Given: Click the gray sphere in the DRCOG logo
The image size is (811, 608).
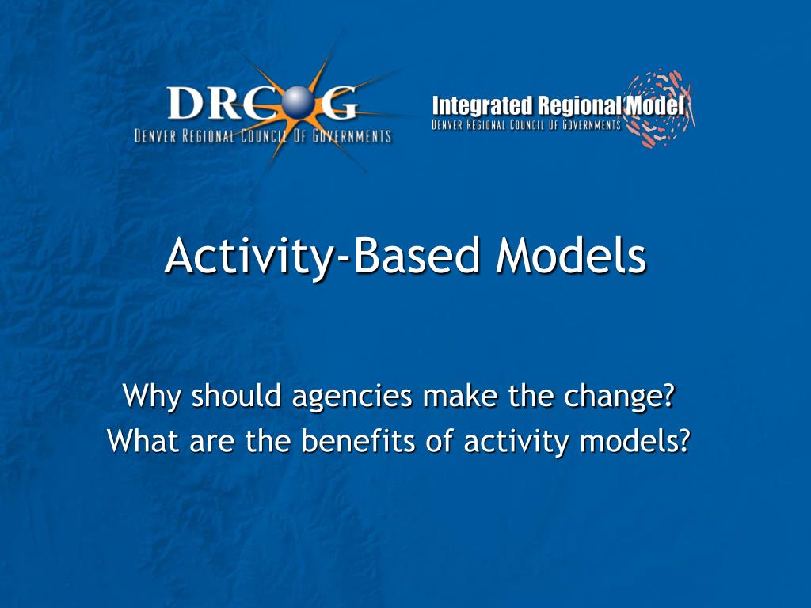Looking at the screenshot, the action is click(299, 103).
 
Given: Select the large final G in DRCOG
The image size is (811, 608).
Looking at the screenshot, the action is click(339, 103).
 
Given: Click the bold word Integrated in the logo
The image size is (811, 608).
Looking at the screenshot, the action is click(482, 106).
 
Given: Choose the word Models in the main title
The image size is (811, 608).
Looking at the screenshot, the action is click(571, 256).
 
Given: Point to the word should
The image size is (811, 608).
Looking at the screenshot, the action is click(236, 396).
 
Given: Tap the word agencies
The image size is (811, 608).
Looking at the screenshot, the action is click(352, 398).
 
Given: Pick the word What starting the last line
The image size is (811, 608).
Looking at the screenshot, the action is click(143, 440).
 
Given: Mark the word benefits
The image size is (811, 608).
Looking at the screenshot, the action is click(358, 440).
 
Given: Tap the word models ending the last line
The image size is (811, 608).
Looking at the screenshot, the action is click(635, 440).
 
